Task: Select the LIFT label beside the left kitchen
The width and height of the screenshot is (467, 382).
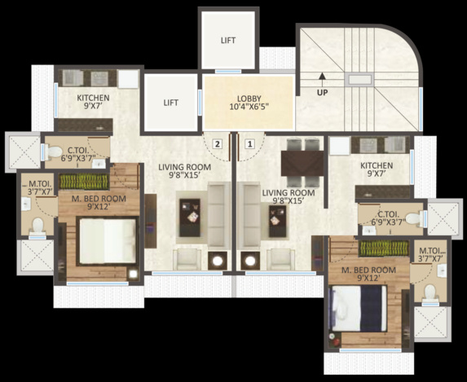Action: (x=170, y=103)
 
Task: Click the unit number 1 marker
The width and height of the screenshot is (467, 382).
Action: (x=249, y=144)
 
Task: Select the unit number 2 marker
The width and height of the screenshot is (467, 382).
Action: (x=217, y=144)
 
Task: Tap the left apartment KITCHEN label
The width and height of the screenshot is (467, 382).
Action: (x=93, y=102)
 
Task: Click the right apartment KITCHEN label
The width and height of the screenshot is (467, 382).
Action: (x=376, y=169)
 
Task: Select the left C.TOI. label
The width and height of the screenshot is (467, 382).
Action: (x=78, y=153)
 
